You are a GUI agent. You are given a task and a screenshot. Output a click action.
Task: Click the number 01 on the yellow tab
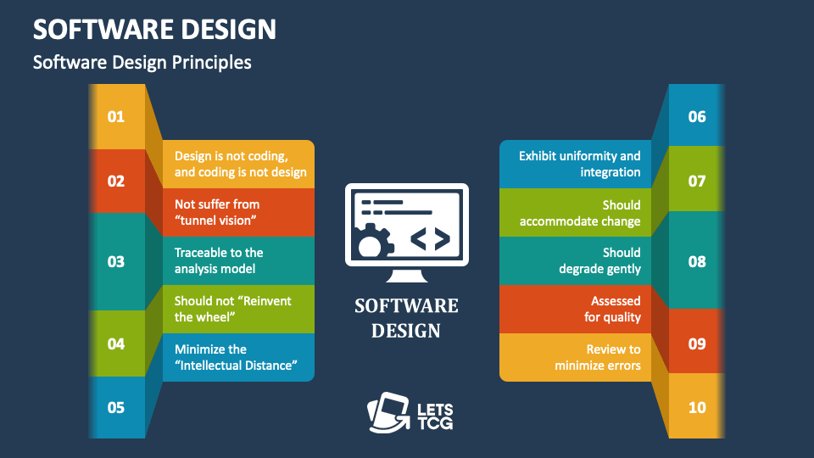(116, 116)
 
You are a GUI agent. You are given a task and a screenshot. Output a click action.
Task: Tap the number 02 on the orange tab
(116, 181)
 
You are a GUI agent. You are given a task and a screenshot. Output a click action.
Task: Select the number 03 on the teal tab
(116, 261)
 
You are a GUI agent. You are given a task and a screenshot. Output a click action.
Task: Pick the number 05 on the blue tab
(116, 407)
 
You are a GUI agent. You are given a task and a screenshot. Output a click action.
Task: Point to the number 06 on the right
(697, 116)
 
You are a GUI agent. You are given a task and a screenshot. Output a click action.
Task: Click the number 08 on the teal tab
(697, 261)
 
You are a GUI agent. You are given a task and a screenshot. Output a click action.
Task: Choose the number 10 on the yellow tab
(697, 407)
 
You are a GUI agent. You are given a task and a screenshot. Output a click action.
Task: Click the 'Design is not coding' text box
(239, 165)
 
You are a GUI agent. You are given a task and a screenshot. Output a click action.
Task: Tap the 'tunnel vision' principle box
(239, 213)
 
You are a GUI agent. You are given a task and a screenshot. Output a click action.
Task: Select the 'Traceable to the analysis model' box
(239, 261)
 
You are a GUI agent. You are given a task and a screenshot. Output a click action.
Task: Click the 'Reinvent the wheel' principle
(239, 309)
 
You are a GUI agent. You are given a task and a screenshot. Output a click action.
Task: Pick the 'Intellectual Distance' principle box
(239, 357)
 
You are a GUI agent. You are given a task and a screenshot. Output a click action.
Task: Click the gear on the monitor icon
(371, 243)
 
